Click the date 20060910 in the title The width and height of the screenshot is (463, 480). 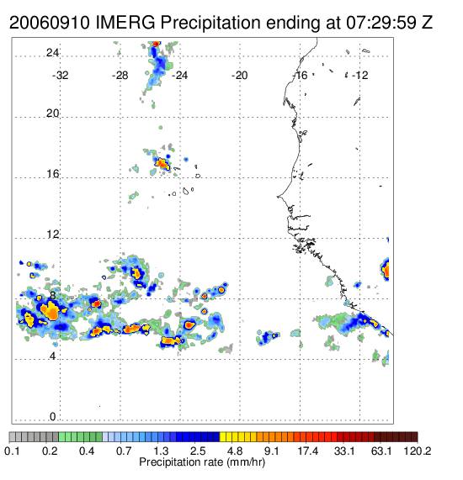(x=50, y=23)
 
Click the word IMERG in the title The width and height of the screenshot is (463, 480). (x=125, y=23)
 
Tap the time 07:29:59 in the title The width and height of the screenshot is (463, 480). (x=381, y=23)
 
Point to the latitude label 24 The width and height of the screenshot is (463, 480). (x=52, y=53)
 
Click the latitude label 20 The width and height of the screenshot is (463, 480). (x=52, y=113)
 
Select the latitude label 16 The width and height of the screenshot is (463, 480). (x=52, y=174)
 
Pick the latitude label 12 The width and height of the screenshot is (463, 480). (x=52, y=235)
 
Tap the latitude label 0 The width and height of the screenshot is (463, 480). (x=53, y=417)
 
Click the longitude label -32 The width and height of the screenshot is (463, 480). (x=60, y=76)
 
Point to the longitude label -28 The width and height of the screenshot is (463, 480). (x=120, y=76)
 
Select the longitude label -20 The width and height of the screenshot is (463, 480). (x=239, y=76)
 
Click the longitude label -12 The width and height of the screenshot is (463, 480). (x=359, y=76)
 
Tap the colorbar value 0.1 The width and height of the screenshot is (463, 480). (x=13, y=451)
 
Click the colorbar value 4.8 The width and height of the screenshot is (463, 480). (x=235, y=451)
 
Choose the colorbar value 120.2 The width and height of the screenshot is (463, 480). (x=417, y=451)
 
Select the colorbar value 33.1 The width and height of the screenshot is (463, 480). (x=344, y=451)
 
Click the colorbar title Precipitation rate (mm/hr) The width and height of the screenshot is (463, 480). (x=202, y=462)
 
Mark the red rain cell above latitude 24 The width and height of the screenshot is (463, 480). (x=156, y=44)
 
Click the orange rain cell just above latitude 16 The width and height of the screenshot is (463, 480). (x=162, y=164)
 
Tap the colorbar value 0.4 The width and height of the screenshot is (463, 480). (x=87, y=451)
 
